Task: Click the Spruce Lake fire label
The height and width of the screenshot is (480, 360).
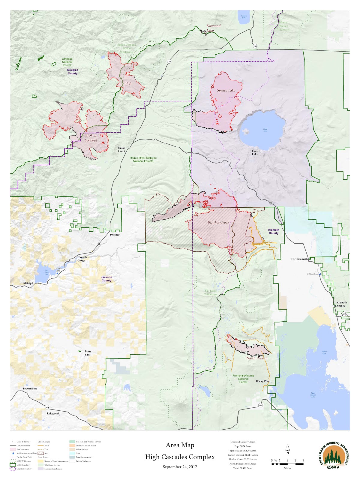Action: point(226,90)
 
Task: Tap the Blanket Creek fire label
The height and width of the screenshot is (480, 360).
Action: point(218,222)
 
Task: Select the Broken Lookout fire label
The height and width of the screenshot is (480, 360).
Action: point(91,138)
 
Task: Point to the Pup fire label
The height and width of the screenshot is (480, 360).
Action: point(128,83)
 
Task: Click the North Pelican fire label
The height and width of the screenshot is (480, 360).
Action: point(256,358)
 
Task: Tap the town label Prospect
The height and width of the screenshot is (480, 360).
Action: point(115,235)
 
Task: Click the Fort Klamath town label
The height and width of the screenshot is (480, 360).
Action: point(299,259)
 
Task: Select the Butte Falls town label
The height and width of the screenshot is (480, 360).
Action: point(88,353)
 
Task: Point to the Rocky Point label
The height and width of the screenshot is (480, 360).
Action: point(263,381)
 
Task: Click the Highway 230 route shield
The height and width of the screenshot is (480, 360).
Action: point(169,61)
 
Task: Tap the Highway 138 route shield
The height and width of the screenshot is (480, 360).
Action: point(255,46)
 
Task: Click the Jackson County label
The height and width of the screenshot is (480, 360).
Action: point(106,279)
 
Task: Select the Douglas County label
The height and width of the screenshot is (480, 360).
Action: point(72,72)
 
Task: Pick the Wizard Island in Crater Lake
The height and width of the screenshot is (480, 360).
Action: point(246,131)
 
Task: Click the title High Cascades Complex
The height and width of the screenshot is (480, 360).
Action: point(180,457)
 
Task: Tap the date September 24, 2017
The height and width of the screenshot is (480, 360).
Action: point(180,467)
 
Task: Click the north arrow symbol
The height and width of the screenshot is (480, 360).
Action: point(287,448)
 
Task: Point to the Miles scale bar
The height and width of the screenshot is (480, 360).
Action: point(287,464)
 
